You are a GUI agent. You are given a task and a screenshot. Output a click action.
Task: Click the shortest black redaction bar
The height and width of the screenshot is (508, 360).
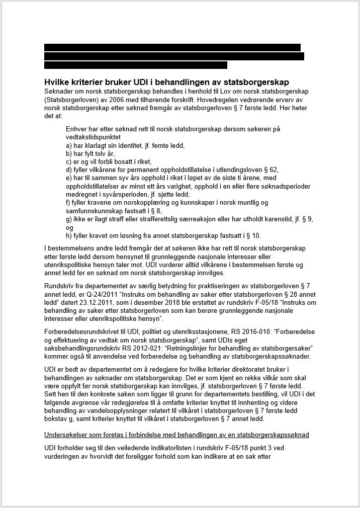136,65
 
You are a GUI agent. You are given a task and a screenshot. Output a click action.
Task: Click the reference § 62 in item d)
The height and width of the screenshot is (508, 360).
269,170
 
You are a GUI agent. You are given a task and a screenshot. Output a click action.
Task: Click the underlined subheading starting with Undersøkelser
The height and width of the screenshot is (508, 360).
176,434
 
